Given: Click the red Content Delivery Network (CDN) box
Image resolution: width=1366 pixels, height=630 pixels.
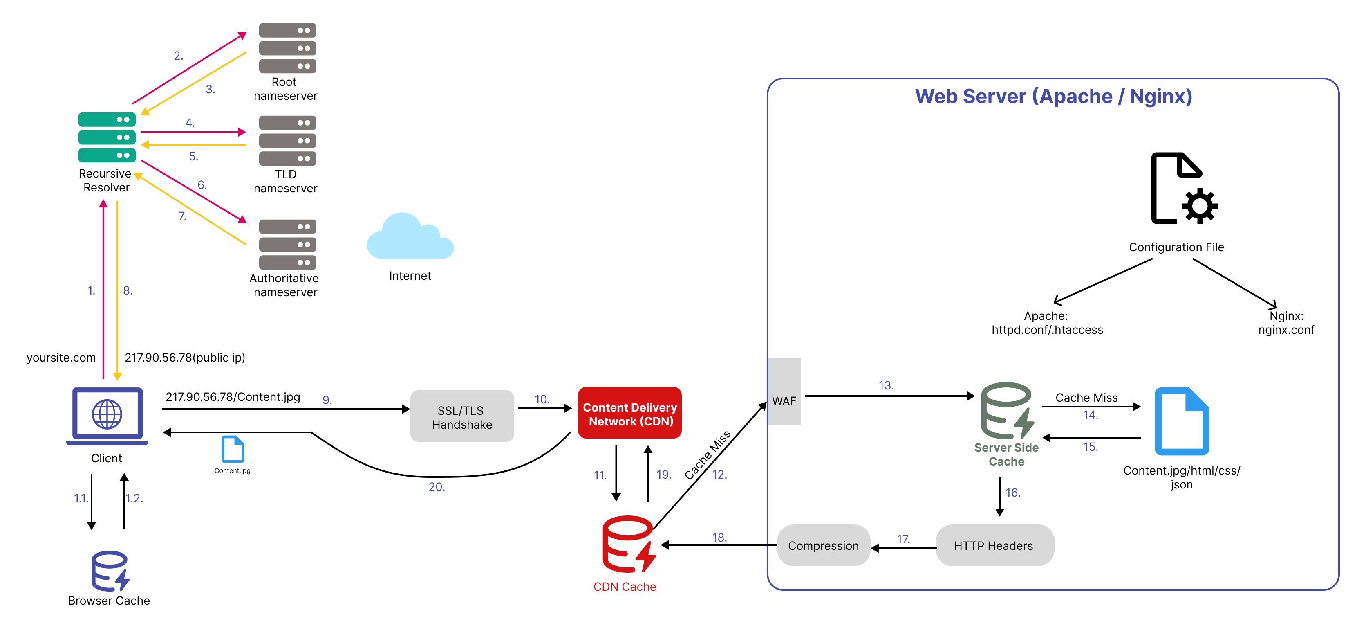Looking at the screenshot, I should (x=629, y=413).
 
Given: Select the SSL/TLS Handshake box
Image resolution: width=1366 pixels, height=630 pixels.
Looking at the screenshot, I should (x=461, y=416).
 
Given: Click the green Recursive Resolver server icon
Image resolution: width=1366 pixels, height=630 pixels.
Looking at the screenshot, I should (x=107, y=137).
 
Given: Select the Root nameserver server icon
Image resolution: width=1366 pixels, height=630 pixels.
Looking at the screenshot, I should (x=287, y=48).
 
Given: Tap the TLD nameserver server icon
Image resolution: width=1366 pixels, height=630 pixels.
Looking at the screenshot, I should (x=287, y=141).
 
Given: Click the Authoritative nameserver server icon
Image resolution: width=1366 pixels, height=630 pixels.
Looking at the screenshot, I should (x=287, y=245).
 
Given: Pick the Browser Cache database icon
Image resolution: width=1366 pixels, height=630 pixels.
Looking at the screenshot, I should (x=110, y=571).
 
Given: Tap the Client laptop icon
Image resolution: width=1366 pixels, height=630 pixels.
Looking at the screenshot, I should (x=107, y=416).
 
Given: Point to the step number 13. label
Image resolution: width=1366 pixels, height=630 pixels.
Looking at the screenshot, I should (x=886, y=385).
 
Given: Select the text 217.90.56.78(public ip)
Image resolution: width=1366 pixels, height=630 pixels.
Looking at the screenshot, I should (x=184, y=357).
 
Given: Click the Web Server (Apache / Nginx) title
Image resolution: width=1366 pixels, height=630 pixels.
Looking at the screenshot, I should (x=1053, y=97).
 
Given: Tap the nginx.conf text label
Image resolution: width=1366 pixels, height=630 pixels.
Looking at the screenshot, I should (x=1286, y=330).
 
